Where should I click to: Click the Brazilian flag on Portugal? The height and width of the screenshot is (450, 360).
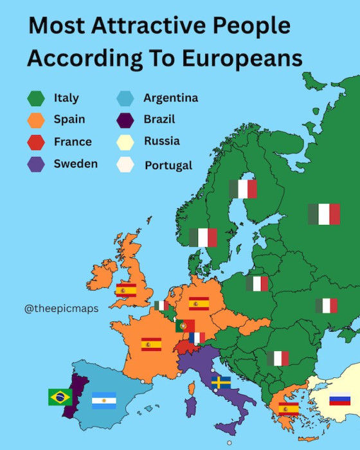[60, 397]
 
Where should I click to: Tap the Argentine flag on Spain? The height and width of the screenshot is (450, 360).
[104, 401]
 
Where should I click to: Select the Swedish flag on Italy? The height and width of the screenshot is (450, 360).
[221, 382]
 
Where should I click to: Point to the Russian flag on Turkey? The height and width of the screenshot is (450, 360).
[339, 399]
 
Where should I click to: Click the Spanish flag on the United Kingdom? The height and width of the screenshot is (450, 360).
[126, 290]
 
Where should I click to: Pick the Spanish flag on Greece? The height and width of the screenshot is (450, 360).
[288, 408]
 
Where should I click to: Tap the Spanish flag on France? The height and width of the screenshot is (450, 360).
[151, 345]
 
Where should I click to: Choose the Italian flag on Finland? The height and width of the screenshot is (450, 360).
[243, 189]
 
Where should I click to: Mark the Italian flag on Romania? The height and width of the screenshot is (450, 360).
[278, 358]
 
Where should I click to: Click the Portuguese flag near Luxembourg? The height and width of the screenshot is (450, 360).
[184, 326]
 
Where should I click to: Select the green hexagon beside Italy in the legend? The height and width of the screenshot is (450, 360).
[35, 98]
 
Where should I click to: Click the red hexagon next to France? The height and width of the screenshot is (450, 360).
[35, 142]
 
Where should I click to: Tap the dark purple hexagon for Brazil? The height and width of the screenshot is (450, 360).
[125, 120]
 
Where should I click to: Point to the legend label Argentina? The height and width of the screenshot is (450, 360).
[170, 98]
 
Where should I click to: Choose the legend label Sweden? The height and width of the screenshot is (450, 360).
[75, 163]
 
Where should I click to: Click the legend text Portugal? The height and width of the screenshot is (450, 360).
[168, 165]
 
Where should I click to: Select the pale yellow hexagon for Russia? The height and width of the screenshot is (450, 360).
[125, 142]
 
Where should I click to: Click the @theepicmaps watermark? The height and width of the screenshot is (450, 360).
[62, 309]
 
